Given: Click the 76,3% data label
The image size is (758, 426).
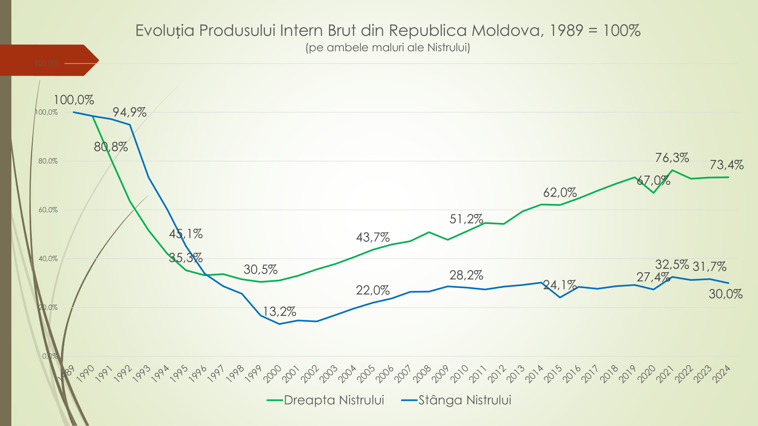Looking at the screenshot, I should (672, 158).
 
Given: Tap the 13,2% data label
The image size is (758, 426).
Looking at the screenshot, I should (279, 311).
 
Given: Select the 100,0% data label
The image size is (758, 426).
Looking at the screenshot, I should (73, 100).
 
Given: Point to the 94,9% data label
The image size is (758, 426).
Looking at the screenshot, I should (129, 112).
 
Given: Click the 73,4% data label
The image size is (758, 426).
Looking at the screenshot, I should (726, 165).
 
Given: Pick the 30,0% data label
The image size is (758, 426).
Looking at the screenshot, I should (725, 294).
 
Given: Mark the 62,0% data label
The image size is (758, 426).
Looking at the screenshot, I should (559, 193).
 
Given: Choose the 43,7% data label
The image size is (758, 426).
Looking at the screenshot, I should (373, 237).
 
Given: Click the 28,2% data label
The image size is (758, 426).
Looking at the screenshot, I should (466, 275).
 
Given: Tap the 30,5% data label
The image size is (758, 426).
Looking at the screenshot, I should (261, 270).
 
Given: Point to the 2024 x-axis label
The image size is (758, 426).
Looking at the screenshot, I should (722, 374).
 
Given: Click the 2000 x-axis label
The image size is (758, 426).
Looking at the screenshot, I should (273, 374).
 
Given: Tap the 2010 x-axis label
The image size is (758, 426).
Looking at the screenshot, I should (460, 374).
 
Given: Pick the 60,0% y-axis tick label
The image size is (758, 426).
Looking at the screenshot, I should (48, 210).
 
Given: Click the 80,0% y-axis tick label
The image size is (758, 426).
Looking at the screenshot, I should (48, 161).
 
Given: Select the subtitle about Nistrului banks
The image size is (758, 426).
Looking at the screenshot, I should (388, 47).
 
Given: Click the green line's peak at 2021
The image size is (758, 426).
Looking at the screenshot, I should (672, 170).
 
